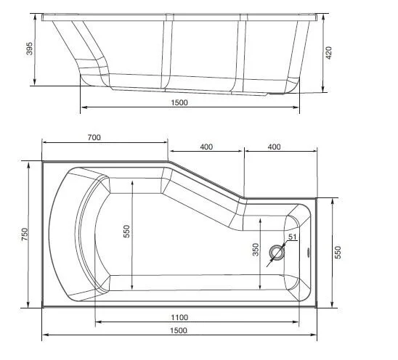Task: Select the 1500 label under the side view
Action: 179,102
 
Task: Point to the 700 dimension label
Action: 93,137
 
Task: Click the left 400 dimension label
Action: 206,147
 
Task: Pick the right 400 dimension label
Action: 274,147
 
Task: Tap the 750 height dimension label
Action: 24,235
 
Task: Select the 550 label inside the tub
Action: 126,230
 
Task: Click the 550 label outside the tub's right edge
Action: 337,252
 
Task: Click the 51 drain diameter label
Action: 292,237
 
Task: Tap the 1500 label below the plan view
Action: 179,330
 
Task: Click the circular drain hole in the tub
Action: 277,253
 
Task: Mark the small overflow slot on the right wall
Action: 310,253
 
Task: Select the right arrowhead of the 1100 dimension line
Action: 297,322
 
